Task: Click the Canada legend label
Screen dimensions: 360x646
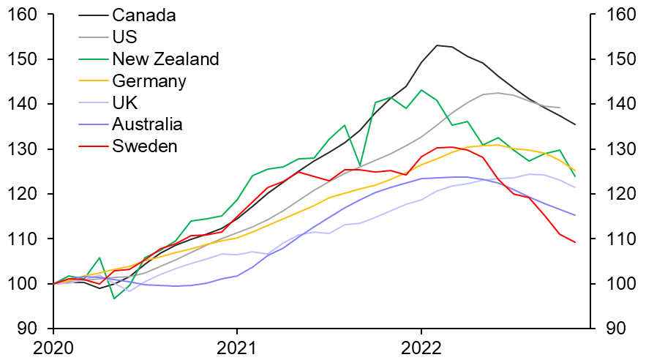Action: [145, 15]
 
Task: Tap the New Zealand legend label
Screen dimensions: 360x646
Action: [165, 59]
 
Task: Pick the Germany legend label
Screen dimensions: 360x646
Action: [149, 80]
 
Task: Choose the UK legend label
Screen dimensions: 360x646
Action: [124, 102]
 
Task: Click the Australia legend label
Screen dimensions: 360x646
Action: [148, 124]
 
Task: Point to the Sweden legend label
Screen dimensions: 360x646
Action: [145, 146]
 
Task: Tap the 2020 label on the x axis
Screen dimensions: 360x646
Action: [53, 347]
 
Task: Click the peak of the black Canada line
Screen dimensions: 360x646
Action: [437, 45]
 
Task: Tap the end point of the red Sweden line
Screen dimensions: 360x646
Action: [575, 242]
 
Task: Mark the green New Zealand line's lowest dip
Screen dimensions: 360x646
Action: [114, 299]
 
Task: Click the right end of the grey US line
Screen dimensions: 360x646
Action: [560, 108]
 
